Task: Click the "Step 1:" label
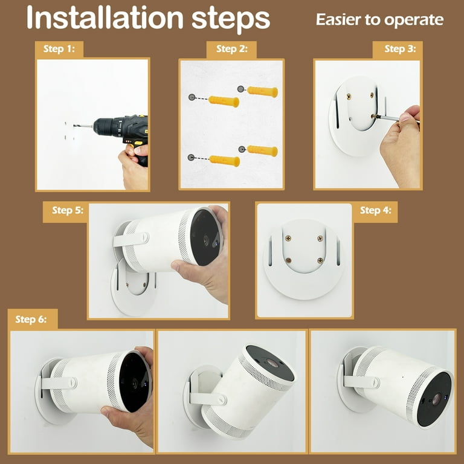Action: pyautogui.click(x=59, y=49)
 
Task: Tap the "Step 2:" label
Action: pyautogui.click(x=232, y=49)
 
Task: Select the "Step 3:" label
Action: pyautogui.click(x=400, y=49)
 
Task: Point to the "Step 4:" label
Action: pyautogui.click(x=376, y=210)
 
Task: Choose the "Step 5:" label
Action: pyautogui.click(x=68, y=210)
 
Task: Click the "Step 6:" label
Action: pyautogui.click(x=31, y=319)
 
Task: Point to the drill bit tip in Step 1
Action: pyautogui.click(x=74, y=126)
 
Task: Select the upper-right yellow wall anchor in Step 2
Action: pyautogui.click(x=262, y=91)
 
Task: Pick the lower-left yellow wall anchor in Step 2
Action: pyautogui.click(x=224, y=161)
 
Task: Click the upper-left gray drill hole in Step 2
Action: pyautogui.click(x=192, y=97)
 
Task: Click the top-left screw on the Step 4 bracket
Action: pyautogui.click(x=288, y=237)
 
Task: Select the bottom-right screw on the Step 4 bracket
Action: pyautogui.click(x=320, y=260)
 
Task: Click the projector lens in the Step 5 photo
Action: pyautogui.click(x=206, y=240)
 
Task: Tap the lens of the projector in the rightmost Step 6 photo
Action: pyautogui.click(x=436, y=399)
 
